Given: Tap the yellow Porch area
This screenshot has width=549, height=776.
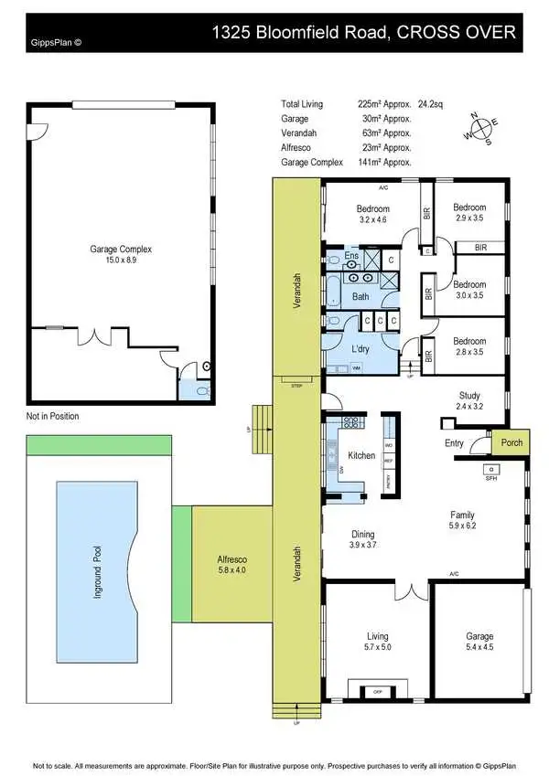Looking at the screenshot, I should point(509,443).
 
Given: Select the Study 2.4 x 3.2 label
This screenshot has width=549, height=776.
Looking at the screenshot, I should point(473,401).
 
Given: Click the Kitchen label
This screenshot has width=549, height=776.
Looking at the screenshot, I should point(362,454).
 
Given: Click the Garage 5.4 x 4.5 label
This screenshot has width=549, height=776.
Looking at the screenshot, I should point(479,641).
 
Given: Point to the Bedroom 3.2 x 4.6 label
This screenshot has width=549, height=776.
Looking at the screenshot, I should point(372,214).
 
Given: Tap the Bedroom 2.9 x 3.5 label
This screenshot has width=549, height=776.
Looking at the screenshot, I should point(468,212).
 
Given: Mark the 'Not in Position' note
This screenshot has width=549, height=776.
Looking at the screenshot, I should point(53,416).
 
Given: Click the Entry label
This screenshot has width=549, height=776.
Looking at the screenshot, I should point(455,443).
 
